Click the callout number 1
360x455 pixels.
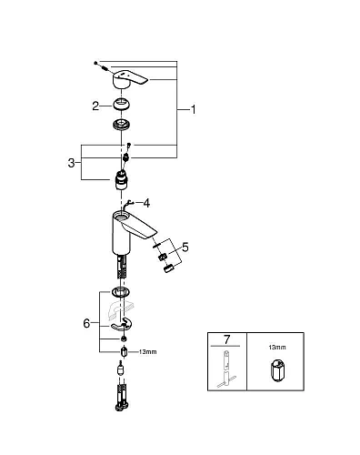(192, 110)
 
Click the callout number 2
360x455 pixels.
(94, 106)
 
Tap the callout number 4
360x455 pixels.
(147, 203)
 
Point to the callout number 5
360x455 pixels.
(185, 246)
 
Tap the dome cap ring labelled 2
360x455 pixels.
(119, 106)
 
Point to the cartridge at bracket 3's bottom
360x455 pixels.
(122, 176)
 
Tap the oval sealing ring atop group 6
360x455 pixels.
(120, 293)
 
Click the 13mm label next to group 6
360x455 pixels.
(145, 350)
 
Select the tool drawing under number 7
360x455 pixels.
(225, 380)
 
